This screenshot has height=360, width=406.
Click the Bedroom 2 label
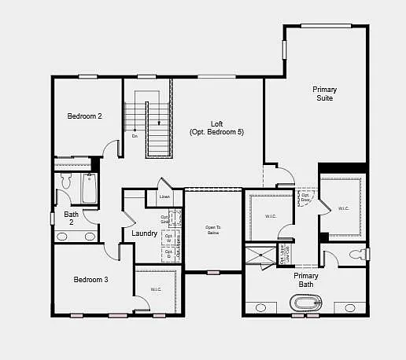point(84,116)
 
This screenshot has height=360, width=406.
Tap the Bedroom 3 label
point(90,279)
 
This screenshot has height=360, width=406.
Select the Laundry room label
point(144,233)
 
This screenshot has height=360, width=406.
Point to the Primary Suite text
point(323,94)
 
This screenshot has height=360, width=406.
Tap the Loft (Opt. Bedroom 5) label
point(216,128)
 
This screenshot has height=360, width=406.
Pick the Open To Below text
point(212,230)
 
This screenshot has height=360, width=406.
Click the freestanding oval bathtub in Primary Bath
point(306,303)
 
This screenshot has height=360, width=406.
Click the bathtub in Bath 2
point(88,189)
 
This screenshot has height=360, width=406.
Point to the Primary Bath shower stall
point(260,255)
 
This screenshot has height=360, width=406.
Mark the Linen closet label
point(164,197)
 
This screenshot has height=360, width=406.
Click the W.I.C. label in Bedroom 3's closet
point(155,289)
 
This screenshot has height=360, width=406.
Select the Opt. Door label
point(305,197)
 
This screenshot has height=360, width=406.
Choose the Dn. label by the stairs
point(135,136)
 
